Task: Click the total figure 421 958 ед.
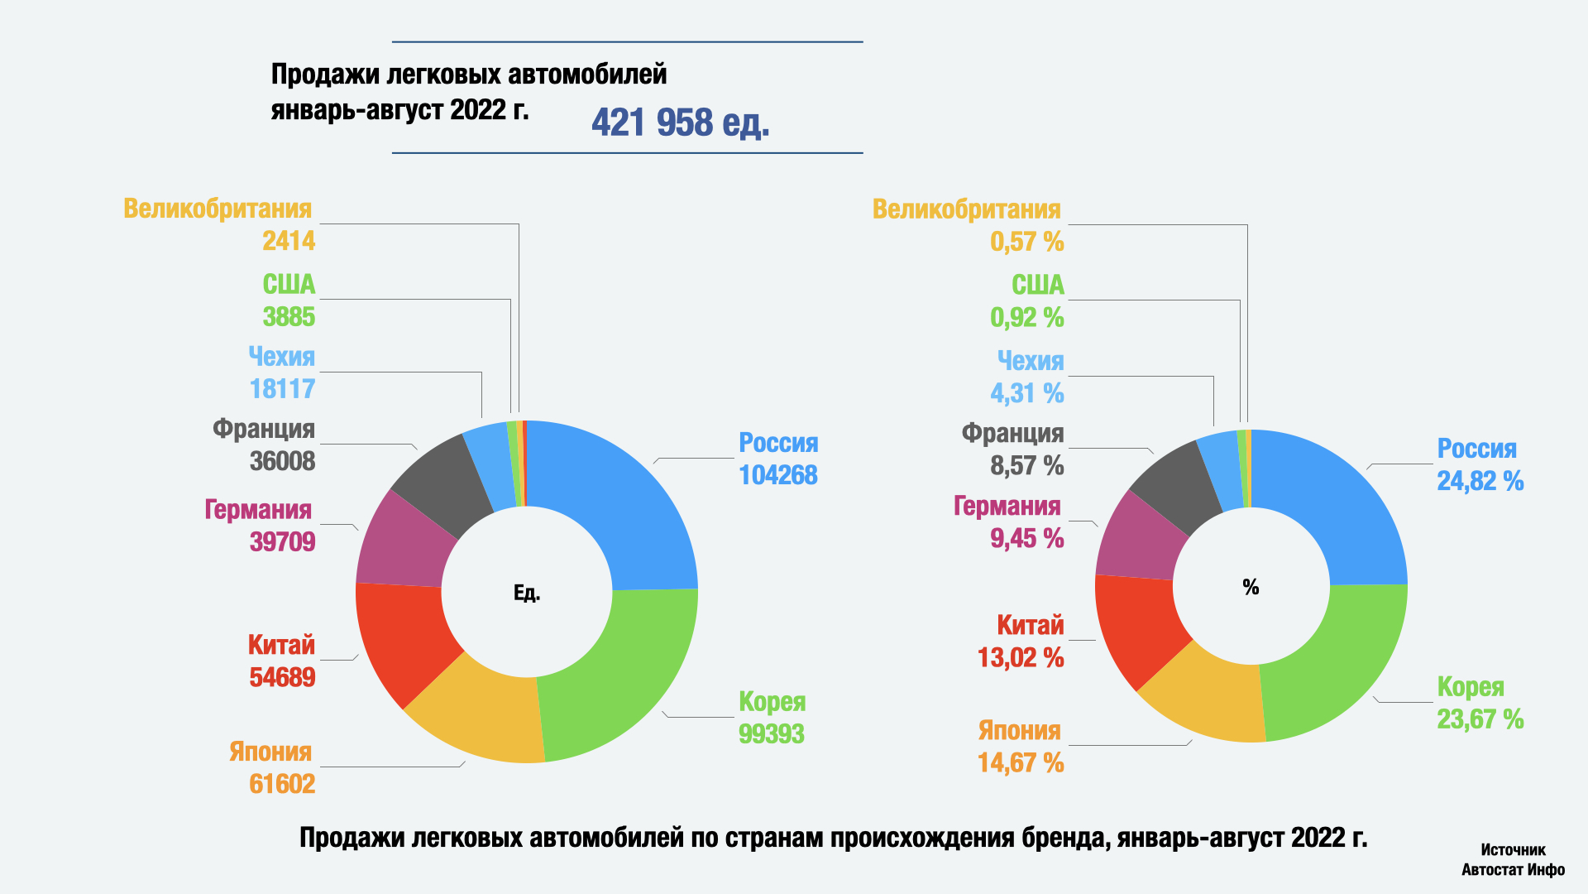680,123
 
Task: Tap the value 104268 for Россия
777,475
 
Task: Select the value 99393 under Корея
771,733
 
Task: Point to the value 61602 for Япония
282,783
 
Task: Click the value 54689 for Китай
282,677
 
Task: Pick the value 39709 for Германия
282,541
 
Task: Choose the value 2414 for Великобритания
289,241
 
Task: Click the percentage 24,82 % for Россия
1480,481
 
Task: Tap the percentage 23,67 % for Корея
1480,719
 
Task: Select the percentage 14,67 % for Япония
1021,762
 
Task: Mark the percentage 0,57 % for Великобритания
1026,242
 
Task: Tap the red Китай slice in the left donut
405,637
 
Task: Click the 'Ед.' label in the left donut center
527,593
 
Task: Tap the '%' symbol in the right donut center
1251,587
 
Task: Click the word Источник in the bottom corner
1513,850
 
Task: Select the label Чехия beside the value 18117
282,357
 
